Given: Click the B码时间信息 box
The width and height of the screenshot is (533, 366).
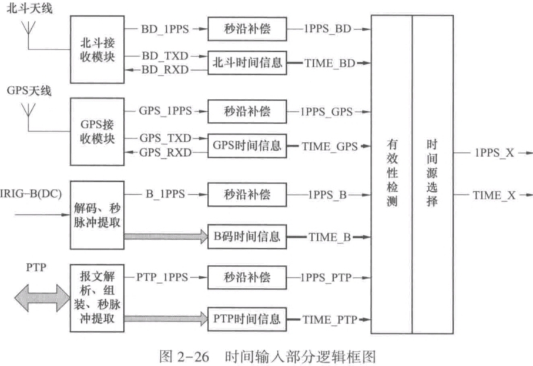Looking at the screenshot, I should coord(246,237).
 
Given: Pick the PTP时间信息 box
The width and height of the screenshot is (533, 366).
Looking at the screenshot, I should coord(246,320).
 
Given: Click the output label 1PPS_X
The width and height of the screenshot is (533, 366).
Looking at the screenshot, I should coord(494,152).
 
